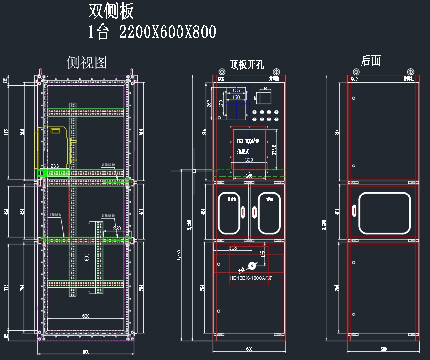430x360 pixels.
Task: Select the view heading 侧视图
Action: point(87,62)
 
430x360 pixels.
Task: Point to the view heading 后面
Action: point(371,60)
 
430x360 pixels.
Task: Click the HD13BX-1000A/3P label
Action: point(249,279)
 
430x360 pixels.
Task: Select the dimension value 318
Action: point(233,248)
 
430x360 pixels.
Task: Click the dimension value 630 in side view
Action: point(86,316)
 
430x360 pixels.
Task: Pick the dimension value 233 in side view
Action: point(55,166)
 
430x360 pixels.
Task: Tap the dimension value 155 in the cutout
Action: point(236,90)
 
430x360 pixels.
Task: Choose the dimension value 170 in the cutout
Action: point(236,97)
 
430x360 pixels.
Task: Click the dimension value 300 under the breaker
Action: point(249,160)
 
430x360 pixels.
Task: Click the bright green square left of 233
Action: point(40,172)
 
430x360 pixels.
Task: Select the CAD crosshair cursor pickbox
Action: point(193,171)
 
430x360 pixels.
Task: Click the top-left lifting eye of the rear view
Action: point(355,72)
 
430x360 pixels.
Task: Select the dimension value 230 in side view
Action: point(117,228)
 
